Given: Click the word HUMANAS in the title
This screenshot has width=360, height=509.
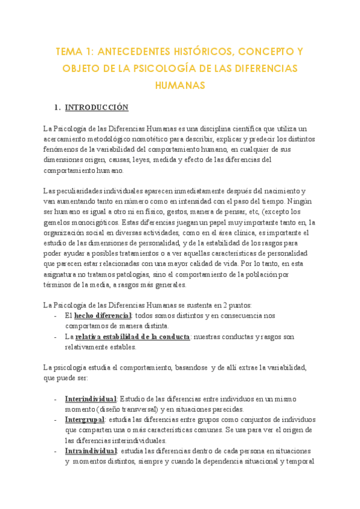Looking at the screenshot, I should point(180,85).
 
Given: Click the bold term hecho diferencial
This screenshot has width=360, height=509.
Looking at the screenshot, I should point(103,315).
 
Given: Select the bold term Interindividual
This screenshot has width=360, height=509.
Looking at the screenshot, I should point(91,399).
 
